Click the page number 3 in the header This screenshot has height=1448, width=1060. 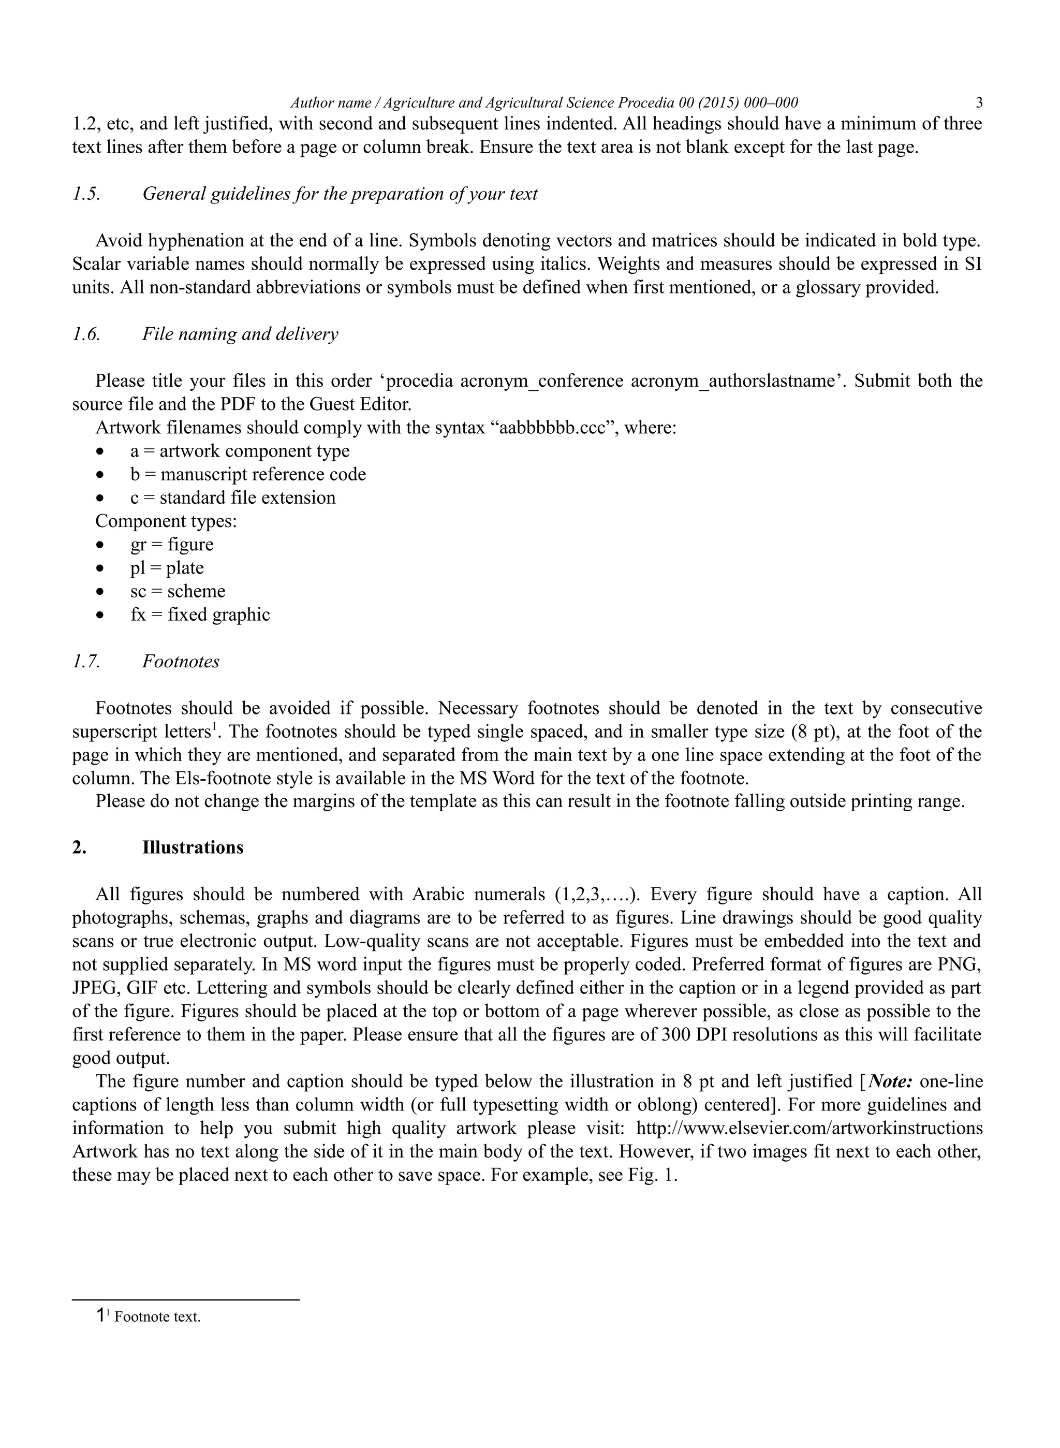[x=979, y=103]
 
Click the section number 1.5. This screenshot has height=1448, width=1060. [x=86, y=194]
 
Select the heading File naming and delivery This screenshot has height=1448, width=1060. [x=240, y=334]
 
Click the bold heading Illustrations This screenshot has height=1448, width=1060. [x=193, y=847]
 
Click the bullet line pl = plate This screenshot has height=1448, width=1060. [x=167, y=568]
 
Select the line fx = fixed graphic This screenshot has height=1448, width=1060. [x=200, y=615]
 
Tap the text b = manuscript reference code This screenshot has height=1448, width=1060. [x=248, y=474]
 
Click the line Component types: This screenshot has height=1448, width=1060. [x=166, y=521]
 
